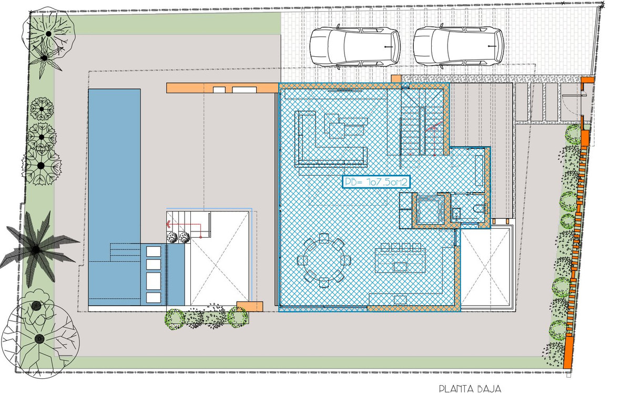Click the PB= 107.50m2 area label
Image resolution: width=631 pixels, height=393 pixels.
click(376, 182)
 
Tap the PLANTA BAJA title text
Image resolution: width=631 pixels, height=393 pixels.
click(470, 388)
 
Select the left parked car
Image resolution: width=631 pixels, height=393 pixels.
click(355, 47)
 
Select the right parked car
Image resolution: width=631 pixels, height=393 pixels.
click(459, 47)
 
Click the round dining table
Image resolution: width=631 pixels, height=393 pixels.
click(324, 260)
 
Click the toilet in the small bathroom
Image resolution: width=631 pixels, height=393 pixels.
click(479, 208)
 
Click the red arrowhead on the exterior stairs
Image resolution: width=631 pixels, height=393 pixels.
click(169, 225)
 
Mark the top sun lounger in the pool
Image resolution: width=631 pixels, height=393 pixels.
click(154, 251)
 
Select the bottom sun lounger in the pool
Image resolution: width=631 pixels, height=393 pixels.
click(154, 297)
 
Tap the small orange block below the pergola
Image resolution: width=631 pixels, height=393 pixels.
click(250, 306)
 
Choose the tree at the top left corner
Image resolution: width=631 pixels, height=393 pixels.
click(48, 34)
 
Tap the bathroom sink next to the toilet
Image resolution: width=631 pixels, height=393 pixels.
click(456, 213)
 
